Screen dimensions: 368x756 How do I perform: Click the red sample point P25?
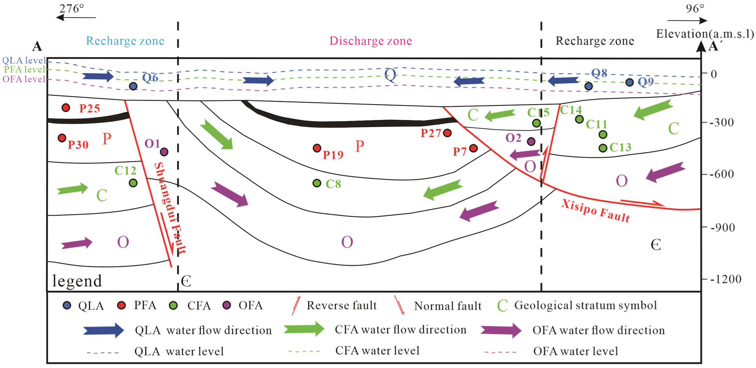(66, 107)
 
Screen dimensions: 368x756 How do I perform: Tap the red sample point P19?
(317, 148)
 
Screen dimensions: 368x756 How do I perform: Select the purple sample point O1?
(164, 152)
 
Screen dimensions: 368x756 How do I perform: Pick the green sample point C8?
(317, 183)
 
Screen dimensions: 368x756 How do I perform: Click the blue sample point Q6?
(133, 86)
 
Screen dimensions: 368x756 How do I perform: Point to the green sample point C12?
(133, 183)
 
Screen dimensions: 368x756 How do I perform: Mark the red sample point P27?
(447, 133)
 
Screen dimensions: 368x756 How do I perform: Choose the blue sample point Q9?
(630, 82)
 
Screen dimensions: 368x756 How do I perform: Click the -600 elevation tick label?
(722, 174)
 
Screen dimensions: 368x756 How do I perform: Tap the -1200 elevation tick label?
(726, 280)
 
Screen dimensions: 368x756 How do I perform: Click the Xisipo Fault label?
(596, 210)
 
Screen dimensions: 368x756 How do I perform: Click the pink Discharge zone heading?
(370, 41)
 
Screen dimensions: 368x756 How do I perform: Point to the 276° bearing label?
(72, 8)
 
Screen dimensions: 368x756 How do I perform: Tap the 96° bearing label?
(695, 8)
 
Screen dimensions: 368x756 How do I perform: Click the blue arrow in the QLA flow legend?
(103, 330)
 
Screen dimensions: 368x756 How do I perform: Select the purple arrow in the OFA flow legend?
(501, 330)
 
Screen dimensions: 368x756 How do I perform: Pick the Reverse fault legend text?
(342, 305)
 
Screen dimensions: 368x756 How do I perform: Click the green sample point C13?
(603, 148)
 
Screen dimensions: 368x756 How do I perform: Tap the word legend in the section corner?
(77, 281)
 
